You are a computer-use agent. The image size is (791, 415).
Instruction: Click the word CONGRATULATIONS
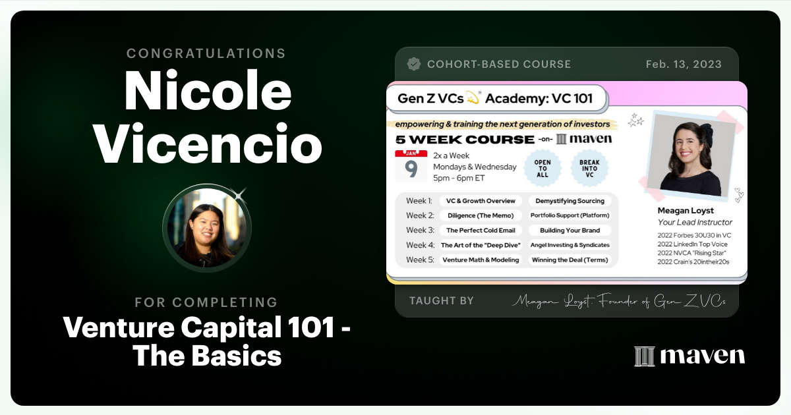click(206, 53)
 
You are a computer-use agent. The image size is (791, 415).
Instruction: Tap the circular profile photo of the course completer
click(206, 227)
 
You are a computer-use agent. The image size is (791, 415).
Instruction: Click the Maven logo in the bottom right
click(689, 356)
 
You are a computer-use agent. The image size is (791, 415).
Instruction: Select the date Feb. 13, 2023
click(684, 65)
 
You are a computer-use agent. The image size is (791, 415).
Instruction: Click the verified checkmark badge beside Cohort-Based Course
click(414, 64)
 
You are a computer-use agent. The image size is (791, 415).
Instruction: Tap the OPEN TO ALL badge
click(542, 167)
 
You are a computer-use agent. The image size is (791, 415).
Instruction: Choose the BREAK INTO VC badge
click(589, 167)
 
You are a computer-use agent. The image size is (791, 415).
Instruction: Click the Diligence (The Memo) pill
click(481, 215)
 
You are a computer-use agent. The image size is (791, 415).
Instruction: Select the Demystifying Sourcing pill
click(570, 201)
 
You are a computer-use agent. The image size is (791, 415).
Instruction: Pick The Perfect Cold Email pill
click(481, 231)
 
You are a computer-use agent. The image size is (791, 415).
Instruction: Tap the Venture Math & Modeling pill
click(481, 260)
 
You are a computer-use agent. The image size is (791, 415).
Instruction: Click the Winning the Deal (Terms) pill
click(570, 260)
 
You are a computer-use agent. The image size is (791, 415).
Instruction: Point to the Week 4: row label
click(420, 245)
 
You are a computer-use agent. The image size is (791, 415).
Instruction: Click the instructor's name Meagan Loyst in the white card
click(686, 211)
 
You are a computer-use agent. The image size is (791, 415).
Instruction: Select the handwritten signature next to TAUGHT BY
click(618, 301)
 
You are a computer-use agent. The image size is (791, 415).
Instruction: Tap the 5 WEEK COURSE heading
click(464, 140)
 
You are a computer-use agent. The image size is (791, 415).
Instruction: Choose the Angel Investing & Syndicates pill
click(570, 245)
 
